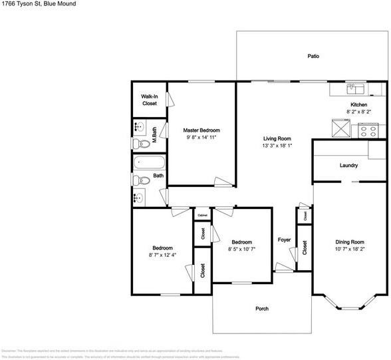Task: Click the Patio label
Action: coord(313,57)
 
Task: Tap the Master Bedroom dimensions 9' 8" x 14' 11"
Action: coord(202,137)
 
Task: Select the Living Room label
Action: coord(275,138)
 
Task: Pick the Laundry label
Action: coord(348,166)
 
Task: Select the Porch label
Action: coord(262,309)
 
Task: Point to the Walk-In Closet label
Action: coord(149,100)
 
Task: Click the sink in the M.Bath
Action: coord(140,127)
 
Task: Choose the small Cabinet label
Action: coord(203,215)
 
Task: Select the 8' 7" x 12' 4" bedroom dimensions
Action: coord(162,254)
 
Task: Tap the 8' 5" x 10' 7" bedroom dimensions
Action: coord(241,249)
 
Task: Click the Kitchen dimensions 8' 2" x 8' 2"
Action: coord(359,112)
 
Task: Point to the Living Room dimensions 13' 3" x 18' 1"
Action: coord(275,145)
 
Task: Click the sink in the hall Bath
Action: coord(139,198)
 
